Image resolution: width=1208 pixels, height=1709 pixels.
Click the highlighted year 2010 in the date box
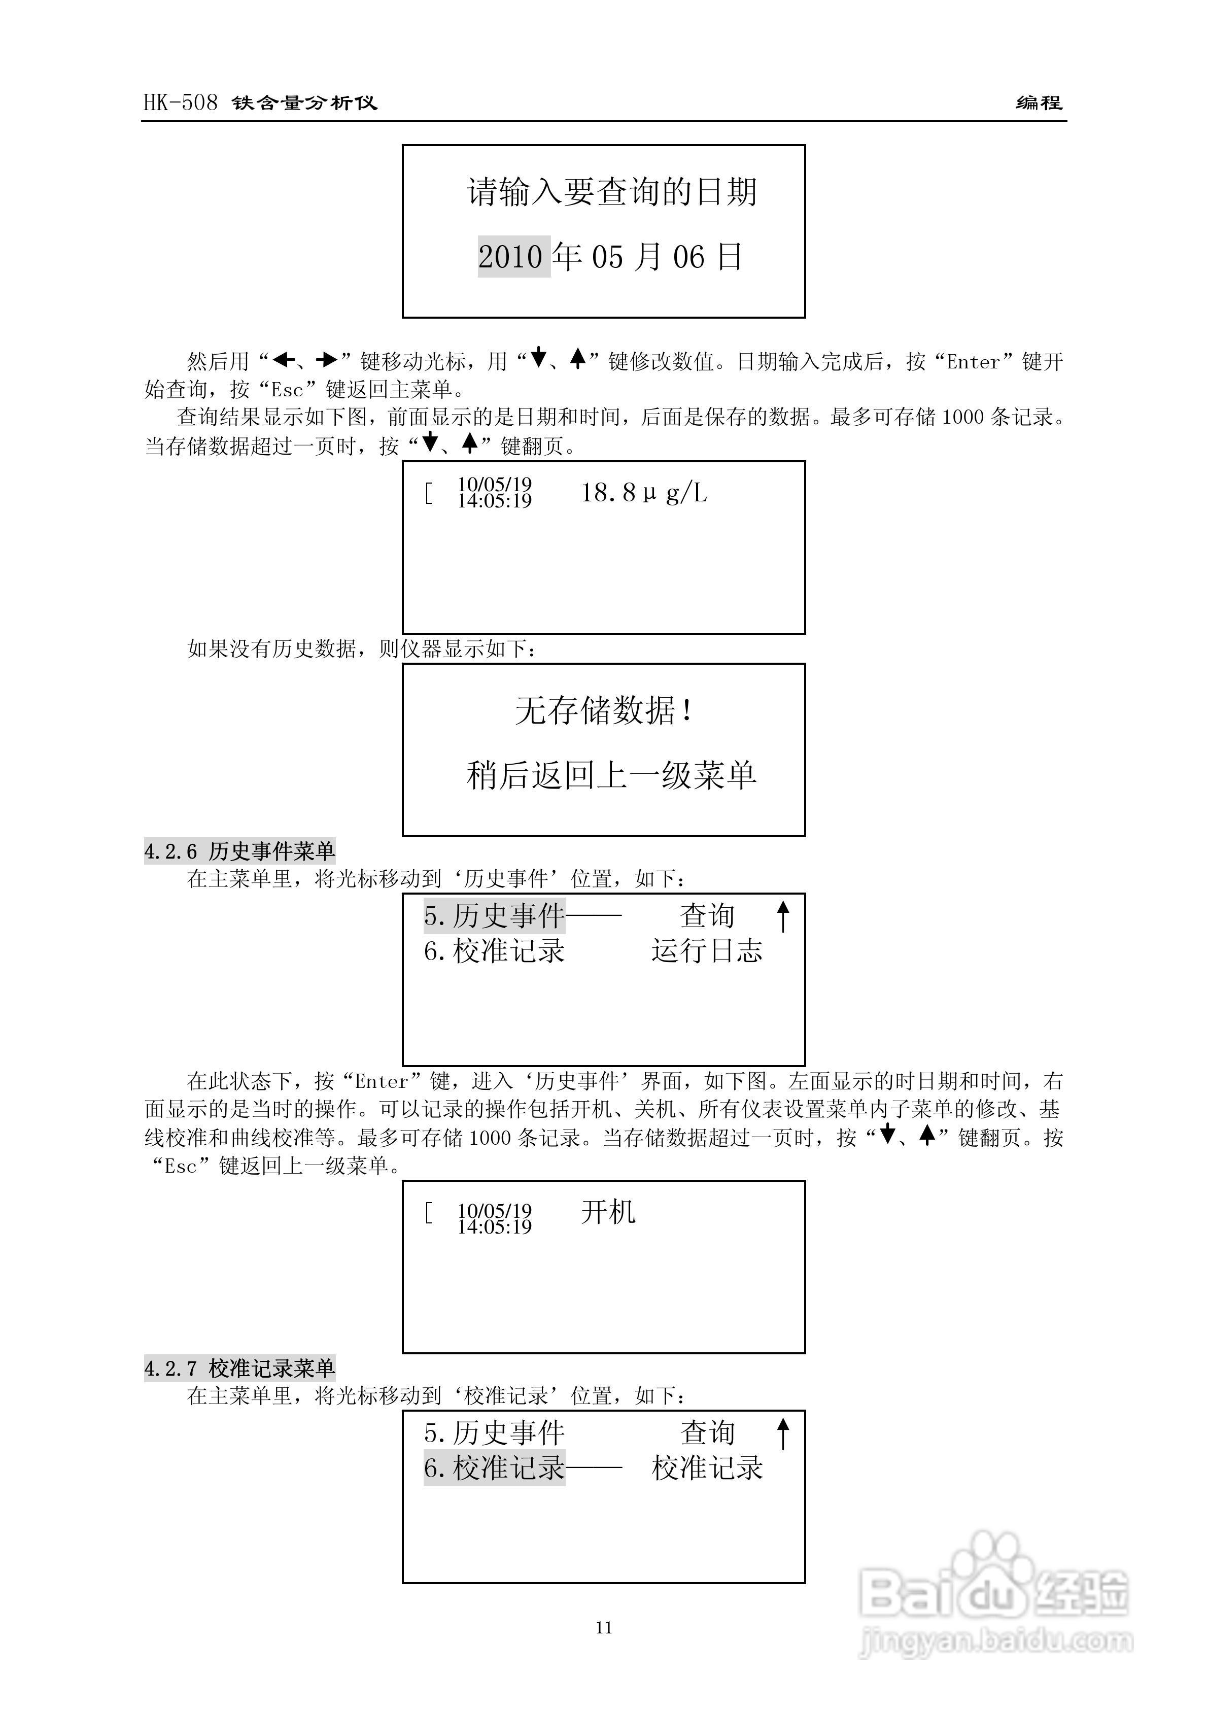coord(513,257)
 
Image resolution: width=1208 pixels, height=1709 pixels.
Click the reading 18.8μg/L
coord(643,493)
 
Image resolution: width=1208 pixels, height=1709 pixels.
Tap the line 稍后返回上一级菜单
coord(611,775)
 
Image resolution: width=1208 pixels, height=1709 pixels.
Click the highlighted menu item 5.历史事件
coord(494,915)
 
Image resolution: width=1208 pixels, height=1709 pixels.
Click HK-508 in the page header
coord(181,102)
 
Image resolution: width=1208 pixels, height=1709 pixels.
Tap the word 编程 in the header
coord(1039,102)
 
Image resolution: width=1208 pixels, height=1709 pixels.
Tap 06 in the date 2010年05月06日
coord(688,258)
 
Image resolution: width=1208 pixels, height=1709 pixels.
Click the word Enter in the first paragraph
coord(973,362)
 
